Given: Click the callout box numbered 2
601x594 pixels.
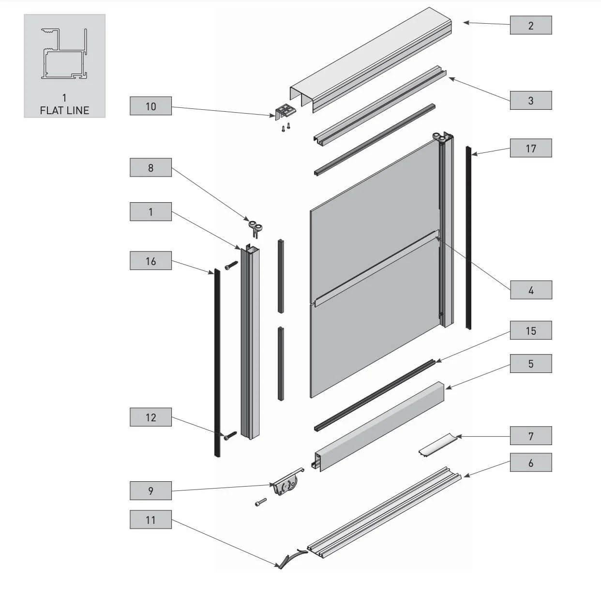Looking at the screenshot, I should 530,26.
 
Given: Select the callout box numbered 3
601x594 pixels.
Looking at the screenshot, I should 530,101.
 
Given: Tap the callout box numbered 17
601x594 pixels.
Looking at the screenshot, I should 530,148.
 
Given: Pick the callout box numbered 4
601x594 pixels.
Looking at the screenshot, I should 530,290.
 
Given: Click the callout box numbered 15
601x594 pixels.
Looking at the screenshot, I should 530,331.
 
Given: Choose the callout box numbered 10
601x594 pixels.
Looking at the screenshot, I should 150,106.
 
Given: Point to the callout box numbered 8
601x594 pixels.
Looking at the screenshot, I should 150,168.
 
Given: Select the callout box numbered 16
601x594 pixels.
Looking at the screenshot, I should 150,261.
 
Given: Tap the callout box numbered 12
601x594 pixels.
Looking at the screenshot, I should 150,417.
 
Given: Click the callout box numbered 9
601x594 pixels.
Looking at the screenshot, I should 150,491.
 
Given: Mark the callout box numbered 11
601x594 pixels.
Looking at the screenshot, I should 150,520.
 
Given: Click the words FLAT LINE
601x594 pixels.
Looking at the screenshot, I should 64,110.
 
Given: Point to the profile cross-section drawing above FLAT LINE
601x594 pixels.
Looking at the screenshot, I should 64,54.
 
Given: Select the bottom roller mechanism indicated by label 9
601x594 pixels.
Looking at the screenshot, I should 285,485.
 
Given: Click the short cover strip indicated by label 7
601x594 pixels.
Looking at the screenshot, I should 437,444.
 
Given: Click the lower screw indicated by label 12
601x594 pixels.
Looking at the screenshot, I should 229,436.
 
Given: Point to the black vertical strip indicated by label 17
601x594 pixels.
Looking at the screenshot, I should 468,237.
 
